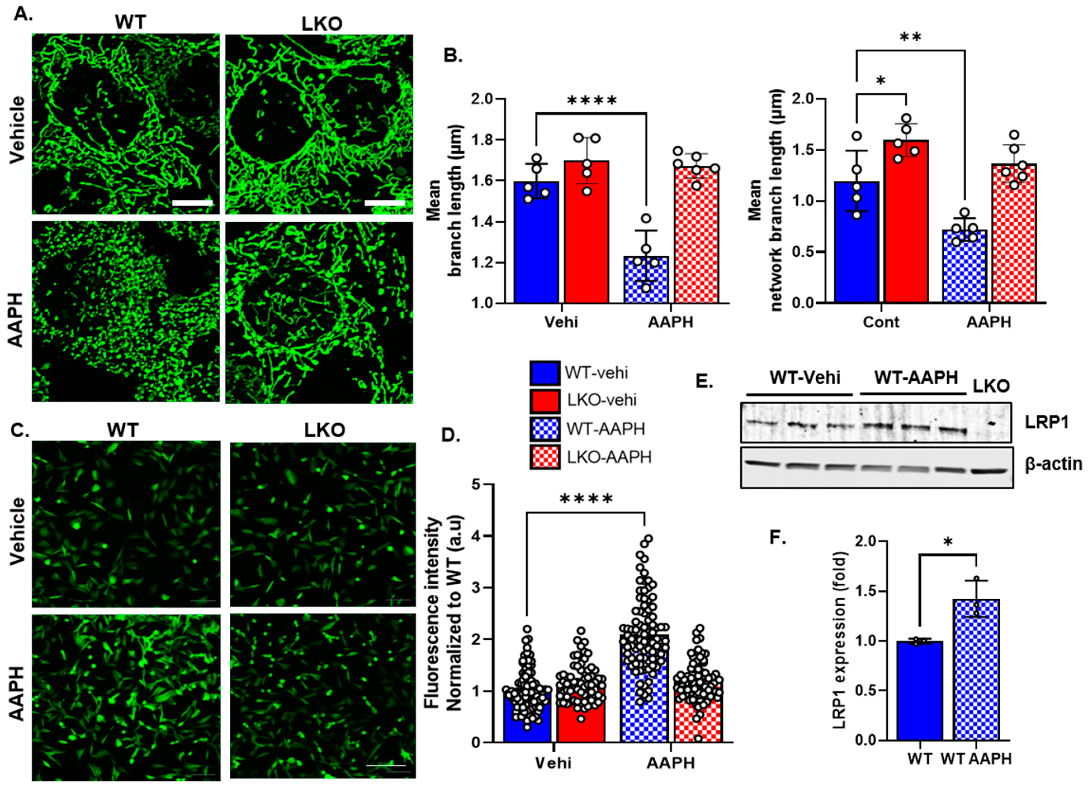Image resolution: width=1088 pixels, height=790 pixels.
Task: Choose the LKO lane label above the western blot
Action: (991, 386)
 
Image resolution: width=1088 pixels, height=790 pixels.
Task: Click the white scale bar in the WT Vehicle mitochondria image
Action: (192, 203)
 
